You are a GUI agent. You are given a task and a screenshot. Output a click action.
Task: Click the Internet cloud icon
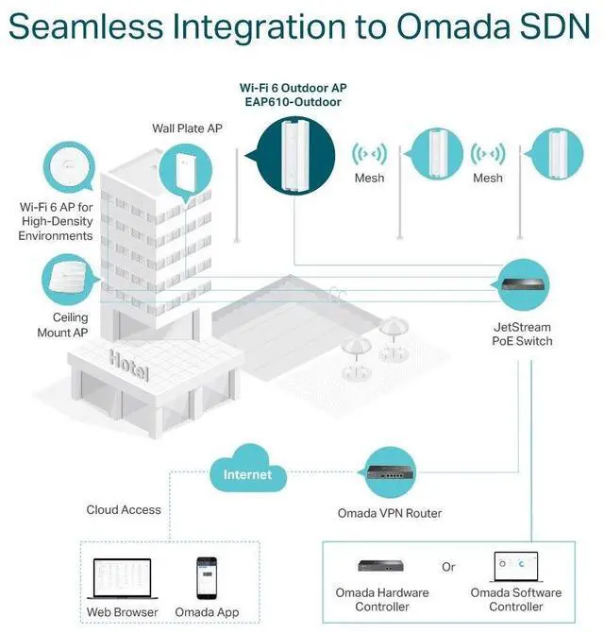click(246, 473)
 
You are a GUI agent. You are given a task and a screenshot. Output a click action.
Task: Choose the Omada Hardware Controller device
click(382, 566)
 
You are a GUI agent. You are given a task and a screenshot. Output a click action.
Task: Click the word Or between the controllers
click(448, 567)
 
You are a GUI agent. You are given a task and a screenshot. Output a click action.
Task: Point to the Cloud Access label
click(124, 510)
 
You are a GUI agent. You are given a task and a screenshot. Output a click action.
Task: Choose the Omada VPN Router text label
click(390, 514)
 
